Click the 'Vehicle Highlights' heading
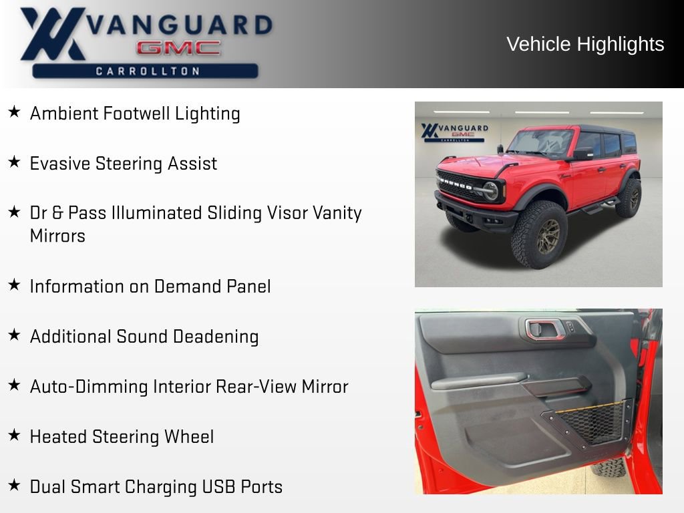point(585,44)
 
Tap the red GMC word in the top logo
point(178,47)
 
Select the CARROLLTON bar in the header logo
point(145,71)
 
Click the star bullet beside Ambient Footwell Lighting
point(14,112)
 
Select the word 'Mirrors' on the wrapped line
point(57,236)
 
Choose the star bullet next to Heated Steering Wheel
point(14,436)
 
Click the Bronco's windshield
point(541,142)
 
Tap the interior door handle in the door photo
point(543,329)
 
